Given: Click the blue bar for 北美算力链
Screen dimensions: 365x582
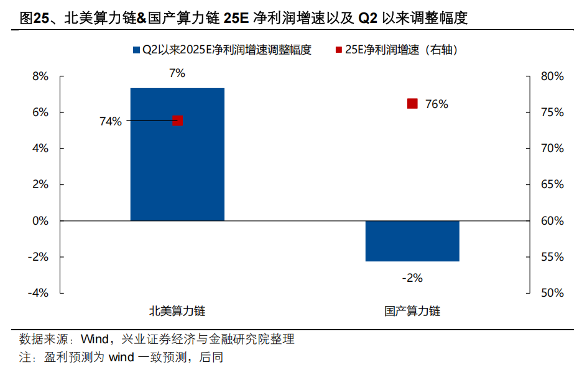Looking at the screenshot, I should [x=177, y=155].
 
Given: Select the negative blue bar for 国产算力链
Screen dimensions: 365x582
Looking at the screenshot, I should [x=412, y=241].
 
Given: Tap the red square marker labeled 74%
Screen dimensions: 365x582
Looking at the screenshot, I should [x=178, y=120].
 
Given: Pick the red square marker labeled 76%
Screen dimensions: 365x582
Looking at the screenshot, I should [x=412, y=104].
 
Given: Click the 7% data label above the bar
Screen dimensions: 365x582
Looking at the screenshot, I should [x=177, y=73].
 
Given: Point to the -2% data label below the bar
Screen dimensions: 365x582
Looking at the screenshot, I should [x=412, y=278].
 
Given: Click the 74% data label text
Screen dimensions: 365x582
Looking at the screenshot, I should [x=111, y=122].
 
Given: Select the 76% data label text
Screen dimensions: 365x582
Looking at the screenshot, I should [x=436, y=104].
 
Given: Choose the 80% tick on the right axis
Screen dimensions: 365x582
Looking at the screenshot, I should [x=552, y=76].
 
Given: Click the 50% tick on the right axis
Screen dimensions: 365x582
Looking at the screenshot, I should [x=552, y=292].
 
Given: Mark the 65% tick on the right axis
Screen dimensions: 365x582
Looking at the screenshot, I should [x=552, y=184].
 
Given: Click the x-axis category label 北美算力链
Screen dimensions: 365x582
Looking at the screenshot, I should [x=177, y=311].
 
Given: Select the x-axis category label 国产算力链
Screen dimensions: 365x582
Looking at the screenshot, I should [x=412, y=311].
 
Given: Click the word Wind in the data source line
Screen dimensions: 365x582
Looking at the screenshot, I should [x=95, y=340].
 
